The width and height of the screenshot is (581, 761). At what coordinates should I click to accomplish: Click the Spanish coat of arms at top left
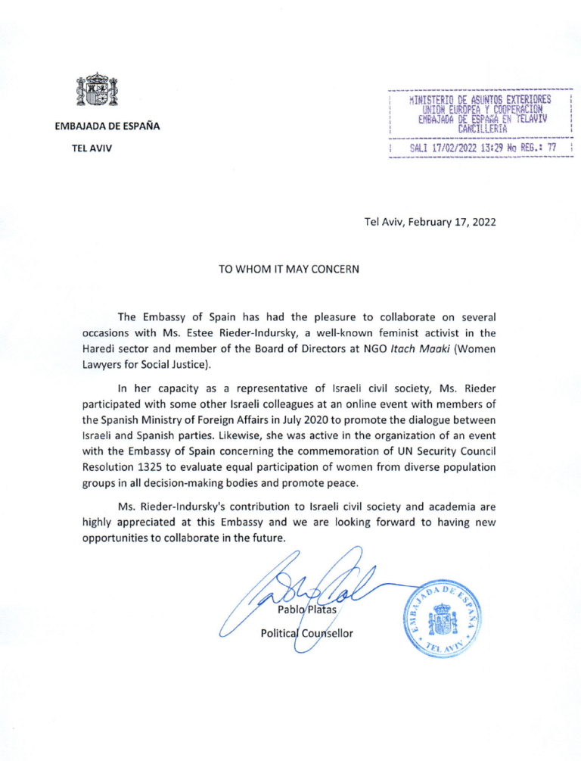pyautogui.click(x=99, y=91)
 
